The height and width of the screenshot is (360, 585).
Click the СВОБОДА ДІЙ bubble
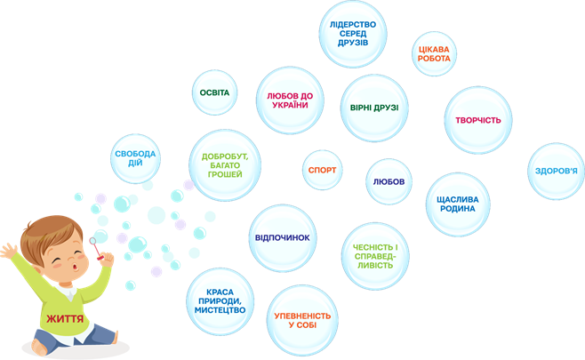(x=135, y=159)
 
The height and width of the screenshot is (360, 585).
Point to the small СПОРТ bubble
(x=322, y=168)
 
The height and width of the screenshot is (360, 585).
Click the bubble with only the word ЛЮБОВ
(x=389, y=181)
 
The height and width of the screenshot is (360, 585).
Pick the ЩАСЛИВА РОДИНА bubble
(x=457, y=203)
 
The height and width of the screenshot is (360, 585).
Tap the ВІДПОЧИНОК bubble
(x=282, y=238)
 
